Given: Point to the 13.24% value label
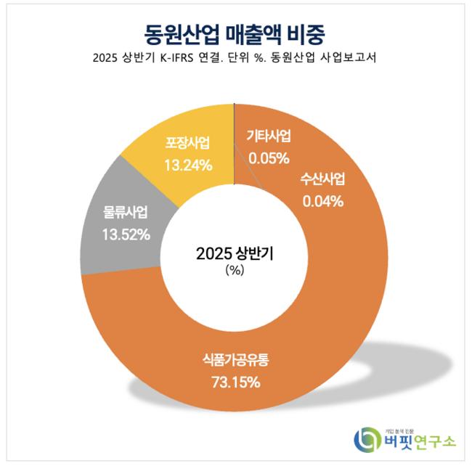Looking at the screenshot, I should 188,165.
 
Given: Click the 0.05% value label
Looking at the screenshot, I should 269,157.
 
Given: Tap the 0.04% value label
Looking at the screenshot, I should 322,201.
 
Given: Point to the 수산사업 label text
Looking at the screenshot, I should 323,180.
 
